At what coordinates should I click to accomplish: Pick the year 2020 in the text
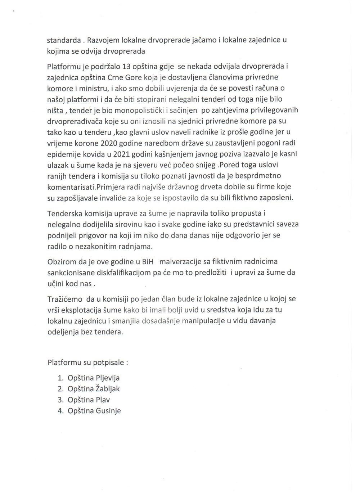112,143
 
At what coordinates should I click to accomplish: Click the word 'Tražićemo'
65,299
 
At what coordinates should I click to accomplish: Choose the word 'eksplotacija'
82,310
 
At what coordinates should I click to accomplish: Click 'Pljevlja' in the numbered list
108,378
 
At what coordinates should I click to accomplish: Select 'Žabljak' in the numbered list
108,389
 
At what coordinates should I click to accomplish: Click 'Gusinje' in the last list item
108,411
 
